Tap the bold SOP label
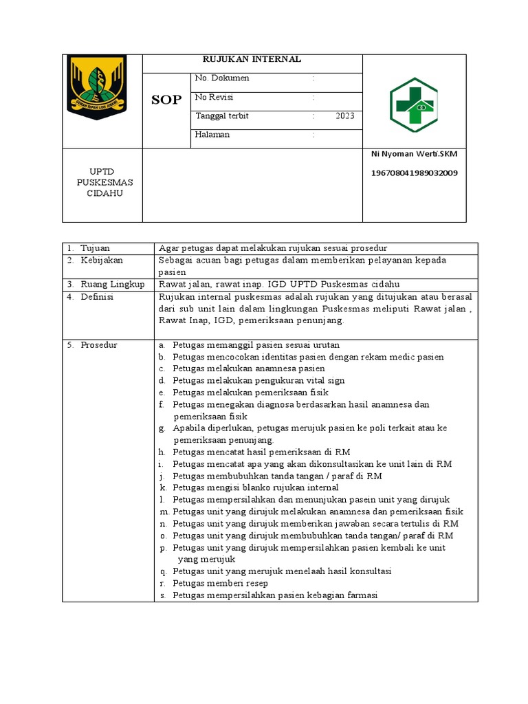coord(166,100)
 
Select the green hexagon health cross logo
coord(413,104)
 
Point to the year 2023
coord(345,116)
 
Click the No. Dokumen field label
coord(222,78)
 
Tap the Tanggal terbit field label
coord(222,116)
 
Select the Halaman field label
coord(212,135)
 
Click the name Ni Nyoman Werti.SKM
coord(413,155)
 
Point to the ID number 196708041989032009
coord(414,173)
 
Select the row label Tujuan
coord(95,248)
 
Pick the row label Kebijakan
coord(100,261)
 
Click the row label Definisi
coord(97,297)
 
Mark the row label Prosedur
coord(99,345)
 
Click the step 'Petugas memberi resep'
coord(216,584)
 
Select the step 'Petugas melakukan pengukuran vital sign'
coord(258,381)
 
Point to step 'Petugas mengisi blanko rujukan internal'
coord(256,488)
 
